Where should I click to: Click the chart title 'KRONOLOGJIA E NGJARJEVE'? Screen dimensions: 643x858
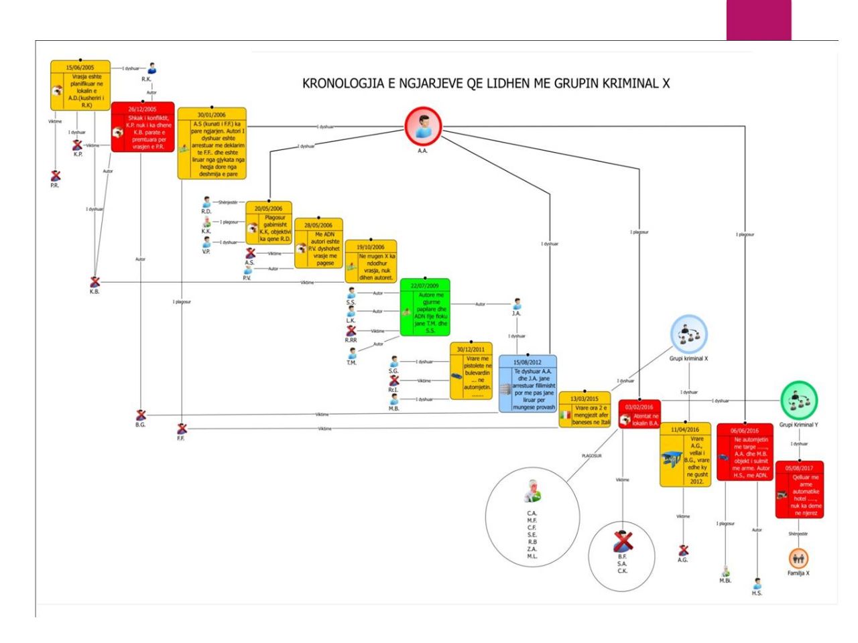(486, 84)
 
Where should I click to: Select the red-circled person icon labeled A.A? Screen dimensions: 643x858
(423, 125)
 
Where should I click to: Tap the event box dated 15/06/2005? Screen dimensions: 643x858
(80, 85)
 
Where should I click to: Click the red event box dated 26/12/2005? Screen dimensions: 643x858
(142, 127)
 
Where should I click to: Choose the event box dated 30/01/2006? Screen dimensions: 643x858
(212, 143)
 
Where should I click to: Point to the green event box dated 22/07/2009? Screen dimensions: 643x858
(425, 307)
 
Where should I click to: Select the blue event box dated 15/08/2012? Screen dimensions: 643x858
(528, 384)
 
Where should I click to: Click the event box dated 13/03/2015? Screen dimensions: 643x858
(585, 409)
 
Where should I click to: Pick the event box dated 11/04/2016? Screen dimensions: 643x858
(685, 454)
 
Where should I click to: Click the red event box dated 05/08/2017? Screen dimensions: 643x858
(799, 489)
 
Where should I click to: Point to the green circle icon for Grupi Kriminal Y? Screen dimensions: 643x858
(799, 399)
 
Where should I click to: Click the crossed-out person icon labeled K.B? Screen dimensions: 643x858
(95, 282)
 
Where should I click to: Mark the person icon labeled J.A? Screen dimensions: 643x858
(516, 304)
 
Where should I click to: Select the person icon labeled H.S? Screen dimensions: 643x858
(757, 583)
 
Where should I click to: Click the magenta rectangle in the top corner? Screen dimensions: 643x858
(758, 20)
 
